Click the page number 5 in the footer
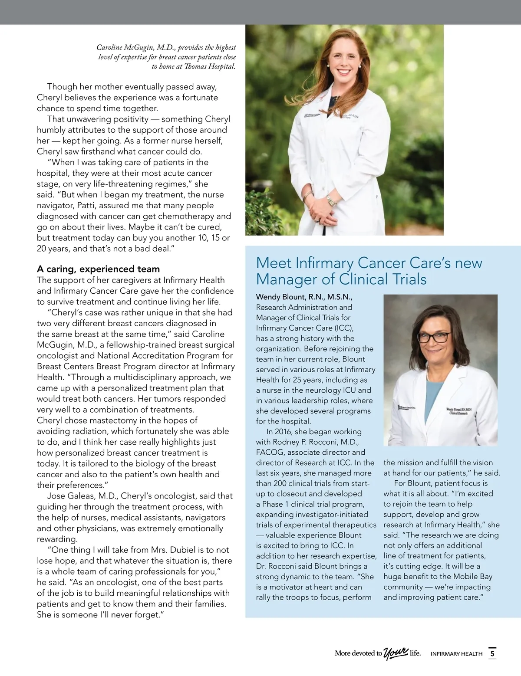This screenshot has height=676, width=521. coord(492,653)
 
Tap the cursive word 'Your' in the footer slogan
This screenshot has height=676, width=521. coord(396,653)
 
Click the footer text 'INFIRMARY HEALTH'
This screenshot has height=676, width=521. coord(456,654)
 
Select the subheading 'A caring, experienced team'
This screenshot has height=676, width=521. coord(98,269)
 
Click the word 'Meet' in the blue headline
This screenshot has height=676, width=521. coord(274,263)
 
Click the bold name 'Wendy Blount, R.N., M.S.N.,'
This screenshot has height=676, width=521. coord(304,297)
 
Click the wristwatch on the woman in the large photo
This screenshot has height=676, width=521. coord(331,200)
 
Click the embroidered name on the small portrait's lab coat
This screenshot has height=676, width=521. coord(459,411)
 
